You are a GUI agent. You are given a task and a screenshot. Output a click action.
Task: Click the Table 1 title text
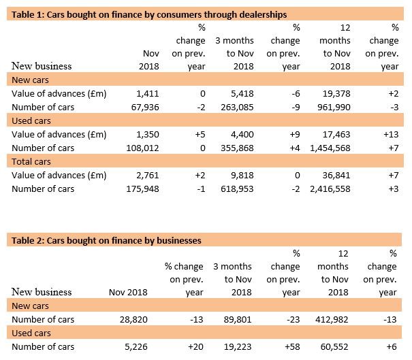point(146,14)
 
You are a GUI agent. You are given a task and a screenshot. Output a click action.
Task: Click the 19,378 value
point(336,93)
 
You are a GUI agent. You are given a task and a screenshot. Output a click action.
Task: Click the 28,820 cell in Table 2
point(128,320)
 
